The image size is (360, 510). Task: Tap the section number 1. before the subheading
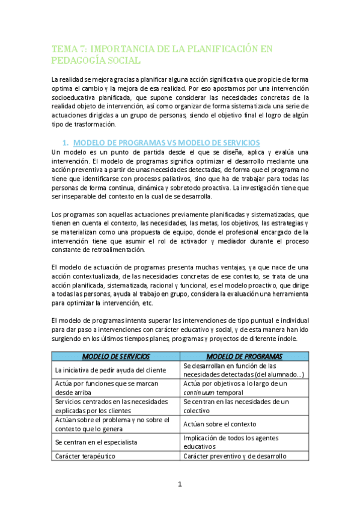point(66,143)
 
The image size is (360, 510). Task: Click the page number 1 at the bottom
point(180,484)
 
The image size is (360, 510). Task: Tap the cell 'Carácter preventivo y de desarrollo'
point(234,456)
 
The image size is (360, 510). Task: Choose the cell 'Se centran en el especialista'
point(96,441)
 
